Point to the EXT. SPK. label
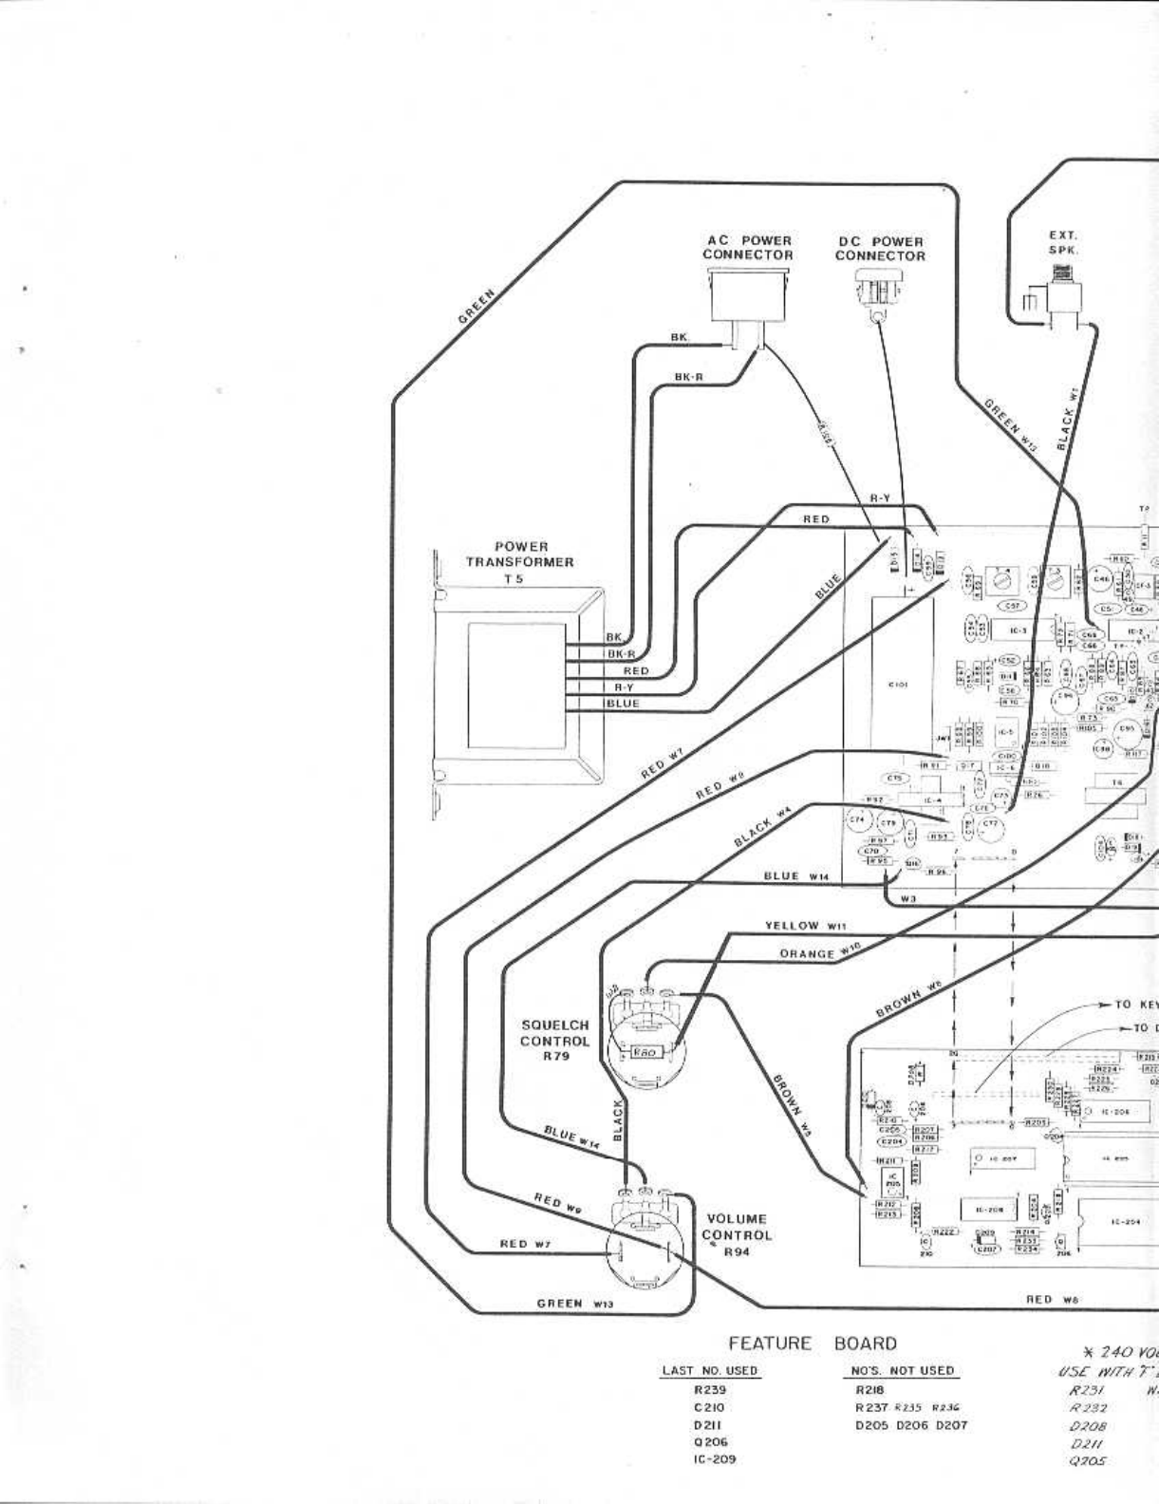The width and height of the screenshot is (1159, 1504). click(x=1063, y=242)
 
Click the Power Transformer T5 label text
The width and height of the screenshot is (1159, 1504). click(x=519, y=562)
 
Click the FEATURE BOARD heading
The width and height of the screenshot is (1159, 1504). click(x=812, y=1344)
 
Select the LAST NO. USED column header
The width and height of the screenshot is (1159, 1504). click(x=709, y=1370)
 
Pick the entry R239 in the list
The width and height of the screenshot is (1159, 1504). click(x=709, y=1390)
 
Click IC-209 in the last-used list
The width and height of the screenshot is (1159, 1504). click(x=709, y=1458)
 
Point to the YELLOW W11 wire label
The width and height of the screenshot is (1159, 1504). click(x=805, y=926)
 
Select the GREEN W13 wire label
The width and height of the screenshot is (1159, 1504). click(x=575, y=1304)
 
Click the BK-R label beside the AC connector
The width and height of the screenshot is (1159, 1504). click(x=688, y=377)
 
